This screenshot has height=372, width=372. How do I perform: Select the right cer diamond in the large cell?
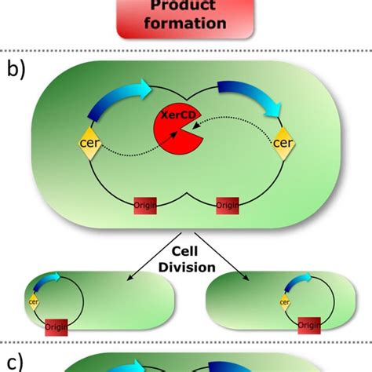[x=283, y=144]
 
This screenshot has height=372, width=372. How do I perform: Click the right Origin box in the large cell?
[x=228, y=206]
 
